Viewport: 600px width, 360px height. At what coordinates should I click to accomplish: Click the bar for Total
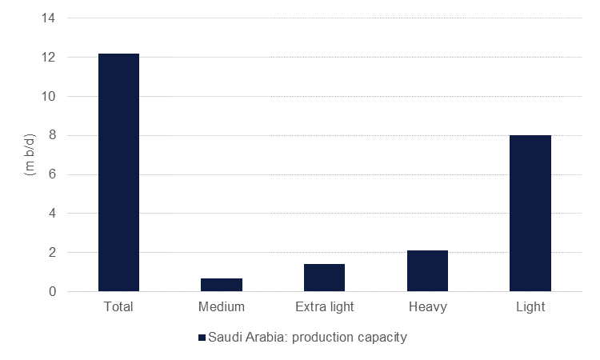coord(118,172)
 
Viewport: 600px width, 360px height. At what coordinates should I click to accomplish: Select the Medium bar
coord(222,285)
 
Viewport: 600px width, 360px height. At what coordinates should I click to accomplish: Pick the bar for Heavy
coord(427,270)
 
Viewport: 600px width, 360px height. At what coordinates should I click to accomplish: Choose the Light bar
coord(530,213)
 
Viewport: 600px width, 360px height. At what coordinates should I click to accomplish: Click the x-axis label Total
coord(118,306)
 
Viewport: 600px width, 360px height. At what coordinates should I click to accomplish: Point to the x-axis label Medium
coord(222,306)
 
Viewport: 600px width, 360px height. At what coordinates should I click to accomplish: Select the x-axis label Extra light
coord(324,306)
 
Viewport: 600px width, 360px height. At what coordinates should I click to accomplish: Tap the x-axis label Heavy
coord(427,306)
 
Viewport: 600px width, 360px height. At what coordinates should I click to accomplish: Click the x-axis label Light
coord(530,306)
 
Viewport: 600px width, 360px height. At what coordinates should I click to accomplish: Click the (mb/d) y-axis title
coord(26,154)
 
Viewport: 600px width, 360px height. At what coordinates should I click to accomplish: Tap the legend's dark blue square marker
coord(201,338)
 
